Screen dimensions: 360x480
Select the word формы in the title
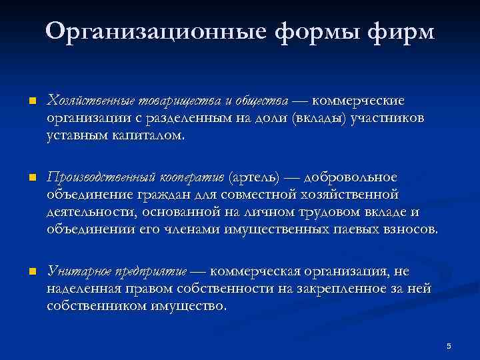pyautogui.click(x=305, y=31)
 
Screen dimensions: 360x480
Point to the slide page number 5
pyautogui.click(x=449, y=345)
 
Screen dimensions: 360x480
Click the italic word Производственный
pyautogui.click(x=101, y=177)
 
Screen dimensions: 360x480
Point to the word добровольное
pyautogui.click(x=351, y=177)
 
